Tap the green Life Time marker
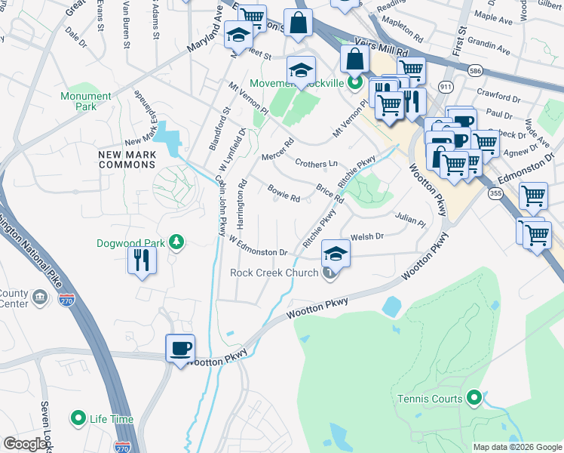pos(78,418)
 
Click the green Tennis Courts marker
pos(474,396)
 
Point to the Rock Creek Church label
pos(274,273)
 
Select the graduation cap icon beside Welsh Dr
pos(336,253)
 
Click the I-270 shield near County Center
pos(66,299)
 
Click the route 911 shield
pos(447,87)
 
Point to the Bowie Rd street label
pos(284,193)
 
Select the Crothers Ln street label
pos(316,163)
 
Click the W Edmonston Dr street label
pos(259,246)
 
